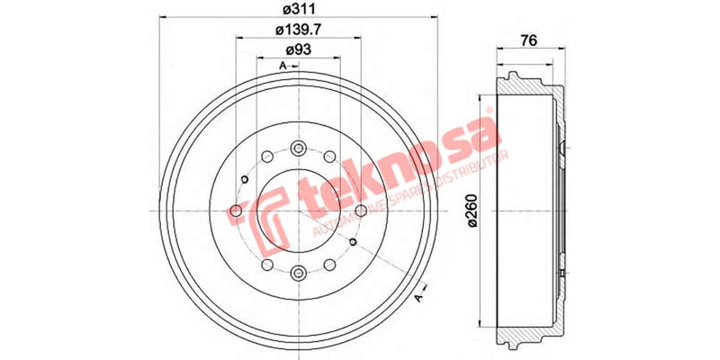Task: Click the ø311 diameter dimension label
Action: pos(296,11)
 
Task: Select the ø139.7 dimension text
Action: pos(297,31)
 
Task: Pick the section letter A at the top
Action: pos(282,67)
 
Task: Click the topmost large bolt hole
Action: pos(298,147)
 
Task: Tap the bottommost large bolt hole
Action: pos(298,273)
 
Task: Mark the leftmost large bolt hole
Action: pos(235,211)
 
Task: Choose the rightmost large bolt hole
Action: pos(361,211)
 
